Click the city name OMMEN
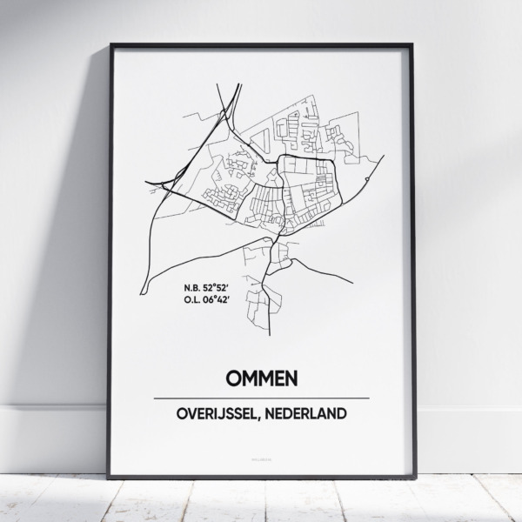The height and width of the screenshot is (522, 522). pyautogui.click(x=261, y=378)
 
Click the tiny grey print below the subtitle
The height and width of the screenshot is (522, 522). pyautogui.click(x=261, y=452)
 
